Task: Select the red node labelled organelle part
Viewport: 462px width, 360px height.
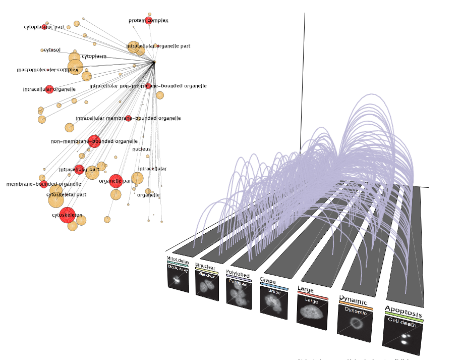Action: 116,180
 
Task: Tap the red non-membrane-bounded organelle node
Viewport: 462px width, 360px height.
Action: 94,141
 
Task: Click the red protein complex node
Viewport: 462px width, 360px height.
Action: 148,20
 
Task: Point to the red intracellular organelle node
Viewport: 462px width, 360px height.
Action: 49,89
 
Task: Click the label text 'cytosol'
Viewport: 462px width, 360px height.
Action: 52,50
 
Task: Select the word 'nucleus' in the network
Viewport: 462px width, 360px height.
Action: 141,149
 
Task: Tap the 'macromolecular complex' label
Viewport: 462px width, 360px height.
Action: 47,70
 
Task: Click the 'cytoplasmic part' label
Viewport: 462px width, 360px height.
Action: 44,27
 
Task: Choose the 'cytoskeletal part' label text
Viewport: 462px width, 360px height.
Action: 66,194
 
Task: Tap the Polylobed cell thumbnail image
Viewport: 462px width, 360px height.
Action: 239,294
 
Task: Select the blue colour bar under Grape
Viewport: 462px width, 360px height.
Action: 274,286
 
